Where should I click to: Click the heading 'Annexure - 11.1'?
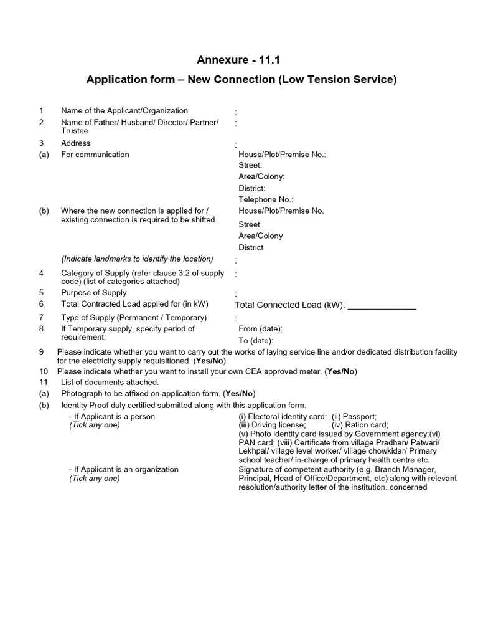point(234,60)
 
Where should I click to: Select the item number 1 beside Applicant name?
point(41,111)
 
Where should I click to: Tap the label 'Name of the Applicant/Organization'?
point(124,111)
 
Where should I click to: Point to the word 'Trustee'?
point(75,131)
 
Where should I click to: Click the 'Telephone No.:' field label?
point(266,199)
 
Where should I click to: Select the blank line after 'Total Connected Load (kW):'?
point(382,305)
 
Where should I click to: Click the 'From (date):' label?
point(261,329)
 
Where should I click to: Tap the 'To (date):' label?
point(256,341)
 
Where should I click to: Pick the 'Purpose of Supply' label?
point(93,293)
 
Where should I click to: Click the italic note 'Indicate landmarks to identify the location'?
point(137,259)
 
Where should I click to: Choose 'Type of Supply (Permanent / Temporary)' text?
point(134,318)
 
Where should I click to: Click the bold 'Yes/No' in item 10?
point(341,372)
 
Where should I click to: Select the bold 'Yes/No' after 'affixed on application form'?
point(240,394)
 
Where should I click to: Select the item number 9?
point(41,352)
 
